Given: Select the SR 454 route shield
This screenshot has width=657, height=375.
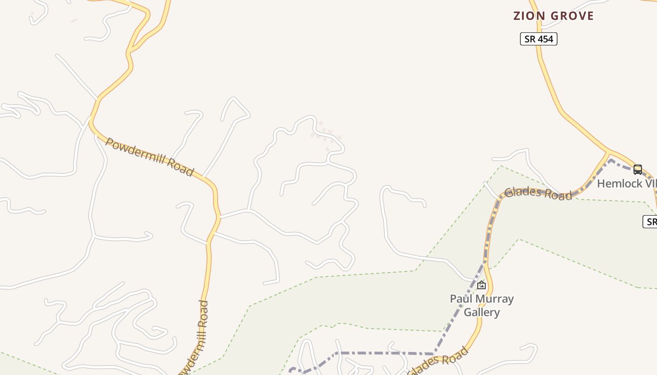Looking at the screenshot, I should [538, 39].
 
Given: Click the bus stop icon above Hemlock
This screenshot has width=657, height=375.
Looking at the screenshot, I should [637, 169].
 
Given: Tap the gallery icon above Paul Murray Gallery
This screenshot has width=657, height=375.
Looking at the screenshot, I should [481, 285].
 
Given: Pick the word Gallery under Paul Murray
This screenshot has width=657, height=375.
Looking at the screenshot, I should [481, 312].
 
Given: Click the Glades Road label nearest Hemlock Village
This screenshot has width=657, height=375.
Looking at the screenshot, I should [538, 193].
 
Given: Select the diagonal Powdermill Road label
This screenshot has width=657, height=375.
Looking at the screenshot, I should [149, 157].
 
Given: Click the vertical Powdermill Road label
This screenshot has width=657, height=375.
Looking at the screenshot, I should [201, 337].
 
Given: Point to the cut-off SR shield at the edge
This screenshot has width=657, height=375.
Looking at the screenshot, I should [650, 222].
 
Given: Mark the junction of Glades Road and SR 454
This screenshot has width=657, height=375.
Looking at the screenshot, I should [609, 152].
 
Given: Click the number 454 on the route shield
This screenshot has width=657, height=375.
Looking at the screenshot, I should [545, 39].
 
